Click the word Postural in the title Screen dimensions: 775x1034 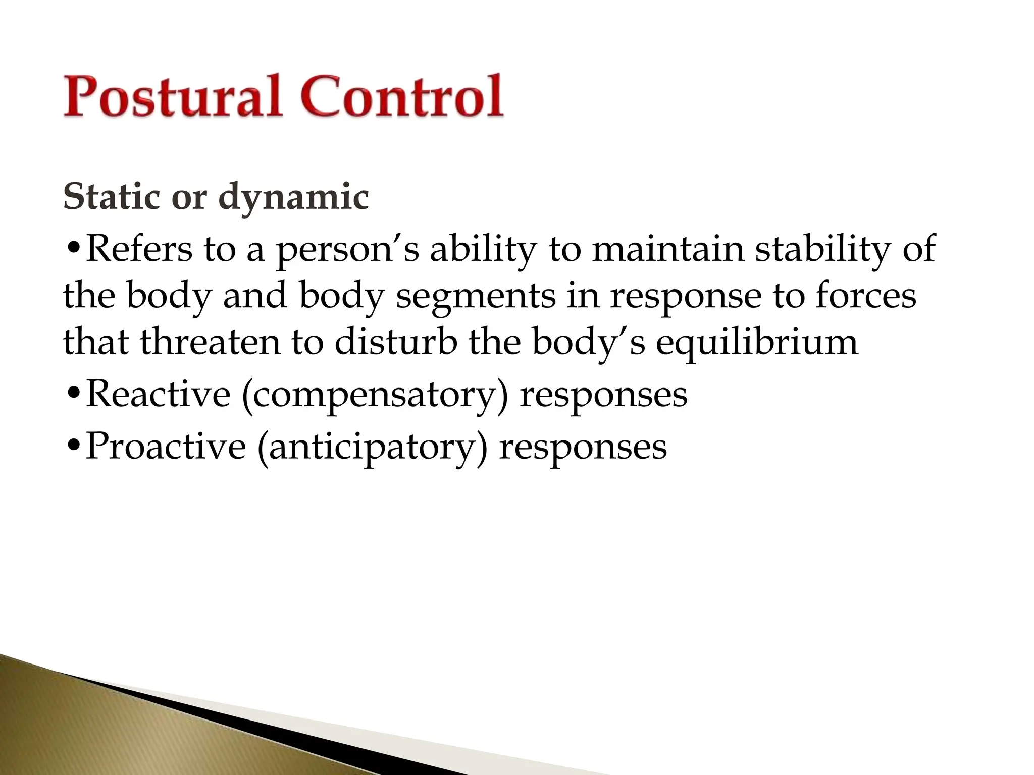pyautogui.click(x=172, y=97)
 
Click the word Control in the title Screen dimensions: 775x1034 pyautogui.click(x=402, y=97)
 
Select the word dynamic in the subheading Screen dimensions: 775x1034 pyautogui.click(x=293, y=198)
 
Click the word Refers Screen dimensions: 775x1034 pyautogui.click(x=139, y=249)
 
